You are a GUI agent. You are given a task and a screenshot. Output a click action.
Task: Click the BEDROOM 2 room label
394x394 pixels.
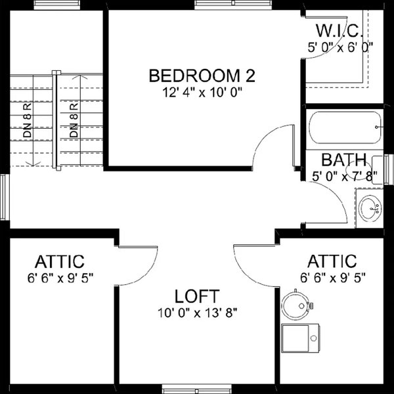tap(202, 75)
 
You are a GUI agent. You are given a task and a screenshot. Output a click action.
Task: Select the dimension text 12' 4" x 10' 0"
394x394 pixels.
tap(202, 93)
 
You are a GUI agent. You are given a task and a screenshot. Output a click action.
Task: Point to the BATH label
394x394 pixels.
tap(343, 159)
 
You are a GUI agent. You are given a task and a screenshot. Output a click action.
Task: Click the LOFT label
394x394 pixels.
tap(196, 295)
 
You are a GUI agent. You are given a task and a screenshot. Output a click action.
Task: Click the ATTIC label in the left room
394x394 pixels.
tap(60, 261)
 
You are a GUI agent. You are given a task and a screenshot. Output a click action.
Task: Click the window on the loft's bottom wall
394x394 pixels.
tap(196, 389)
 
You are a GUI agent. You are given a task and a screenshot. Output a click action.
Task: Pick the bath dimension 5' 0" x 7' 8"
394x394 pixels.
tap(343, 175)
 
